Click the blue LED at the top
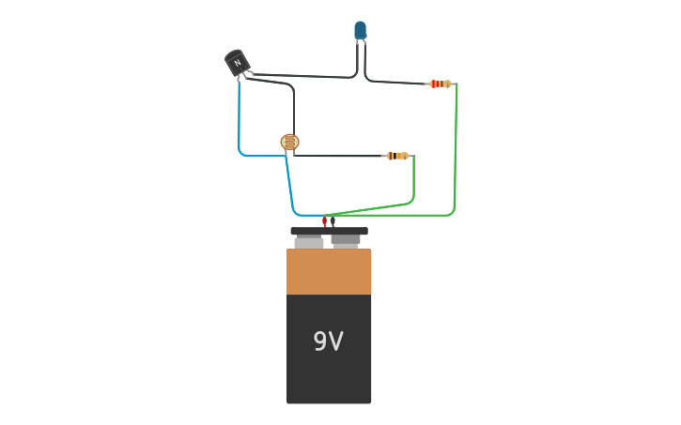tap(361, 30)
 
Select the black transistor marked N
tap(238, 63)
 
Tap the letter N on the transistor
tap(238, 63)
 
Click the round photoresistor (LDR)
tap(289, 143)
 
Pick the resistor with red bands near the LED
tap(440, 83)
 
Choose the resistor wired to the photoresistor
tap(397, 156)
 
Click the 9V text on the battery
tap(328, 342)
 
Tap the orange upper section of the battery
tap(328, 272)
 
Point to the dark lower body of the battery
tap(328, 375)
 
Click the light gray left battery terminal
tap(308, 243)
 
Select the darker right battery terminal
tap(346, 241)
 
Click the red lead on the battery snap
tap(324, 221)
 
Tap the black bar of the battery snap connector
tap(329, 231)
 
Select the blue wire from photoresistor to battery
tap(289, 188)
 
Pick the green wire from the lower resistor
tap(413, 178)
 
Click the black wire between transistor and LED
tap(301, 75)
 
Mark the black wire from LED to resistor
tap(395, 83)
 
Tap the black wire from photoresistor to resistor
tap(338, 156)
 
